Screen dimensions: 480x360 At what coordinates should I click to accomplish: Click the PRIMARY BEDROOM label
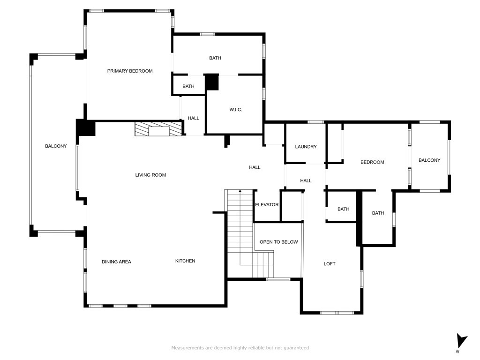click(x=130, y=71)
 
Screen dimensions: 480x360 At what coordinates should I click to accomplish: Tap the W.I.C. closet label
click(x=236, y=110)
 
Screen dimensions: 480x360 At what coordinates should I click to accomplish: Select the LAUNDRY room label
click(x=306, y=147)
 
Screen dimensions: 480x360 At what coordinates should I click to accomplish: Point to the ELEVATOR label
click(x=267, y=204)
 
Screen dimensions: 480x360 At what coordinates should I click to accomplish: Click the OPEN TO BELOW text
click(x=278, y=242)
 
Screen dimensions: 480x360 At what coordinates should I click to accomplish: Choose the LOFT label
click(x=330, y=263)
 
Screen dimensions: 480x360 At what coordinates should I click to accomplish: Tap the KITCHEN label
click(x=185, y=261)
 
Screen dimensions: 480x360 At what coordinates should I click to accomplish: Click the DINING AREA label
click(x=116, y=262)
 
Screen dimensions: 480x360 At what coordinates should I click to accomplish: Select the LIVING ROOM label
click(x=150, y=175)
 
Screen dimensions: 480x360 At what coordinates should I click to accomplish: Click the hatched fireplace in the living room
click(x=159, y=129)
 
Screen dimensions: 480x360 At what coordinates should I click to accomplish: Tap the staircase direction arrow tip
click(x=240, y=190)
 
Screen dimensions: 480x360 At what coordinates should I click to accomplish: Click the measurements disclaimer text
click(x=240, y=348)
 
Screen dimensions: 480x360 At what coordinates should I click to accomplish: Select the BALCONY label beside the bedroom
click(x=429, y=160)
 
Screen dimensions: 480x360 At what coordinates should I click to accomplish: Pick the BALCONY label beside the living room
click(x=56, y=146)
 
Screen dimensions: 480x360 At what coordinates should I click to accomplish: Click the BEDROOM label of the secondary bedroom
click(x=372, y=162)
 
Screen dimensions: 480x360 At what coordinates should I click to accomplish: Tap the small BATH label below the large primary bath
click(x=188, y=86)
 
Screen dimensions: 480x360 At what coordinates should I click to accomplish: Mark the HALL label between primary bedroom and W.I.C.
click(x=194, y=118)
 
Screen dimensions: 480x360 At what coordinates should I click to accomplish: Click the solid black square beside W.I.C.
click(x=211, y=82)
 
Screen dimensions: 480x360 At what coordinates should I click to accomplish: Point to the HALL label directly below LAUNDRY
click(x=306, y=180)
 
